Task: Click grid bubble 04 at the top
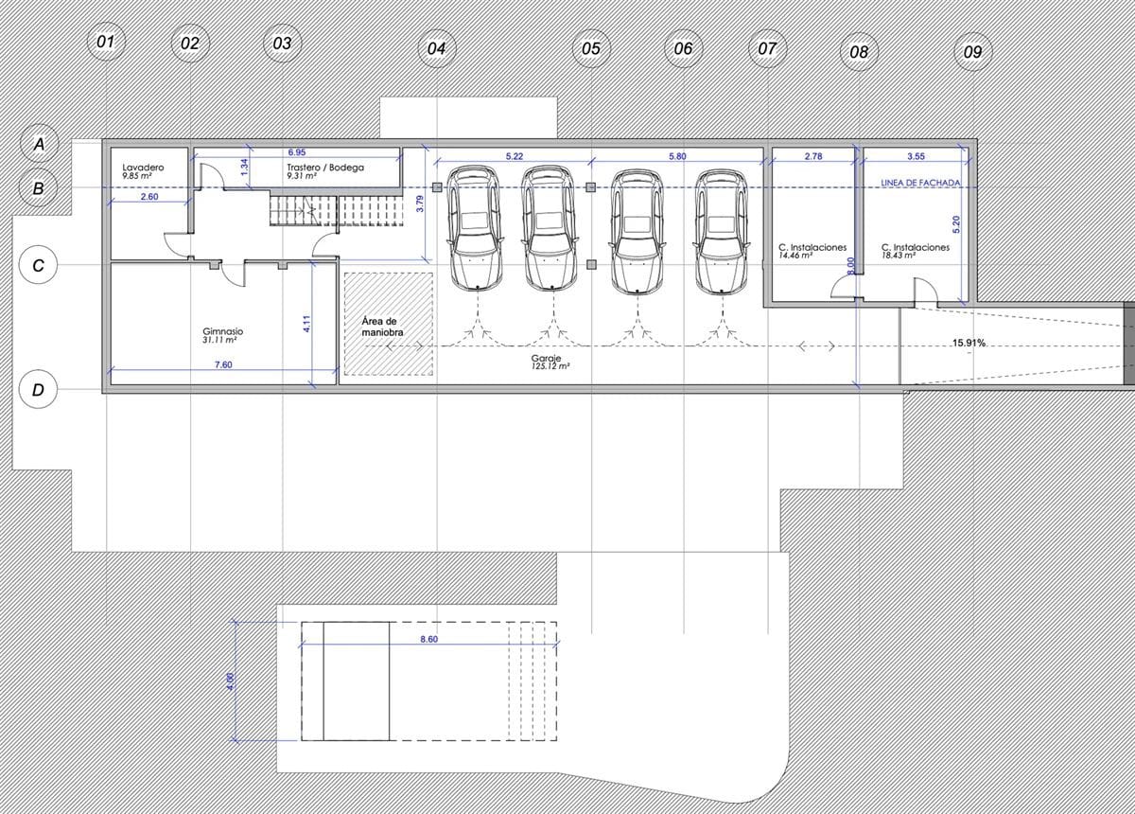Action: click(437, 48)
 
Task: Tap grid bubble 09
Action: click(972, 52)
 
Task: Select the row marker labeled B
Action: click(38, 188)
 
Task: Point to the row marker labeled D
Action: click(38, 390)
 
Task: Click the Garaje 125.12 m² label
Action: click(550, 363)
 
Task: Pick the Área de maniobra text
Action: click(382, 327)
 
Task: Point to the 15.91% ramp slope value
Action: click(969, 343)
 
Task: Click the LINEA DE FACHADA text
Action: click(920, 183)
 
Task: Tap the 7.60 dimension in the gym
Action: click(223, 364)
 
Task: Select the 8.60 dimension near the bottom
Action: click(428, 639)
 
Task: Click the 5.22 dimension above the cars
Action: click(515, 156)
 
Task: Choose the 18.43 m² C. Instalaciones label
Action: click(916, 251)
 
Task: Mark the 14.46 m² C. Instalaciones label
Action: click(812, 251)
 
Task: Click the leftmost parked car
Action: click(474, 228)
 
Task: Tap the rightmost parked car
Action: click(721, 231)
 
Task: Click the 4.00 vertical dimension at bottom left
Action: click(231, 681)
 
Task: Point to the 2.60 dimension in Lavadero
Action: click(149, 196)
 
